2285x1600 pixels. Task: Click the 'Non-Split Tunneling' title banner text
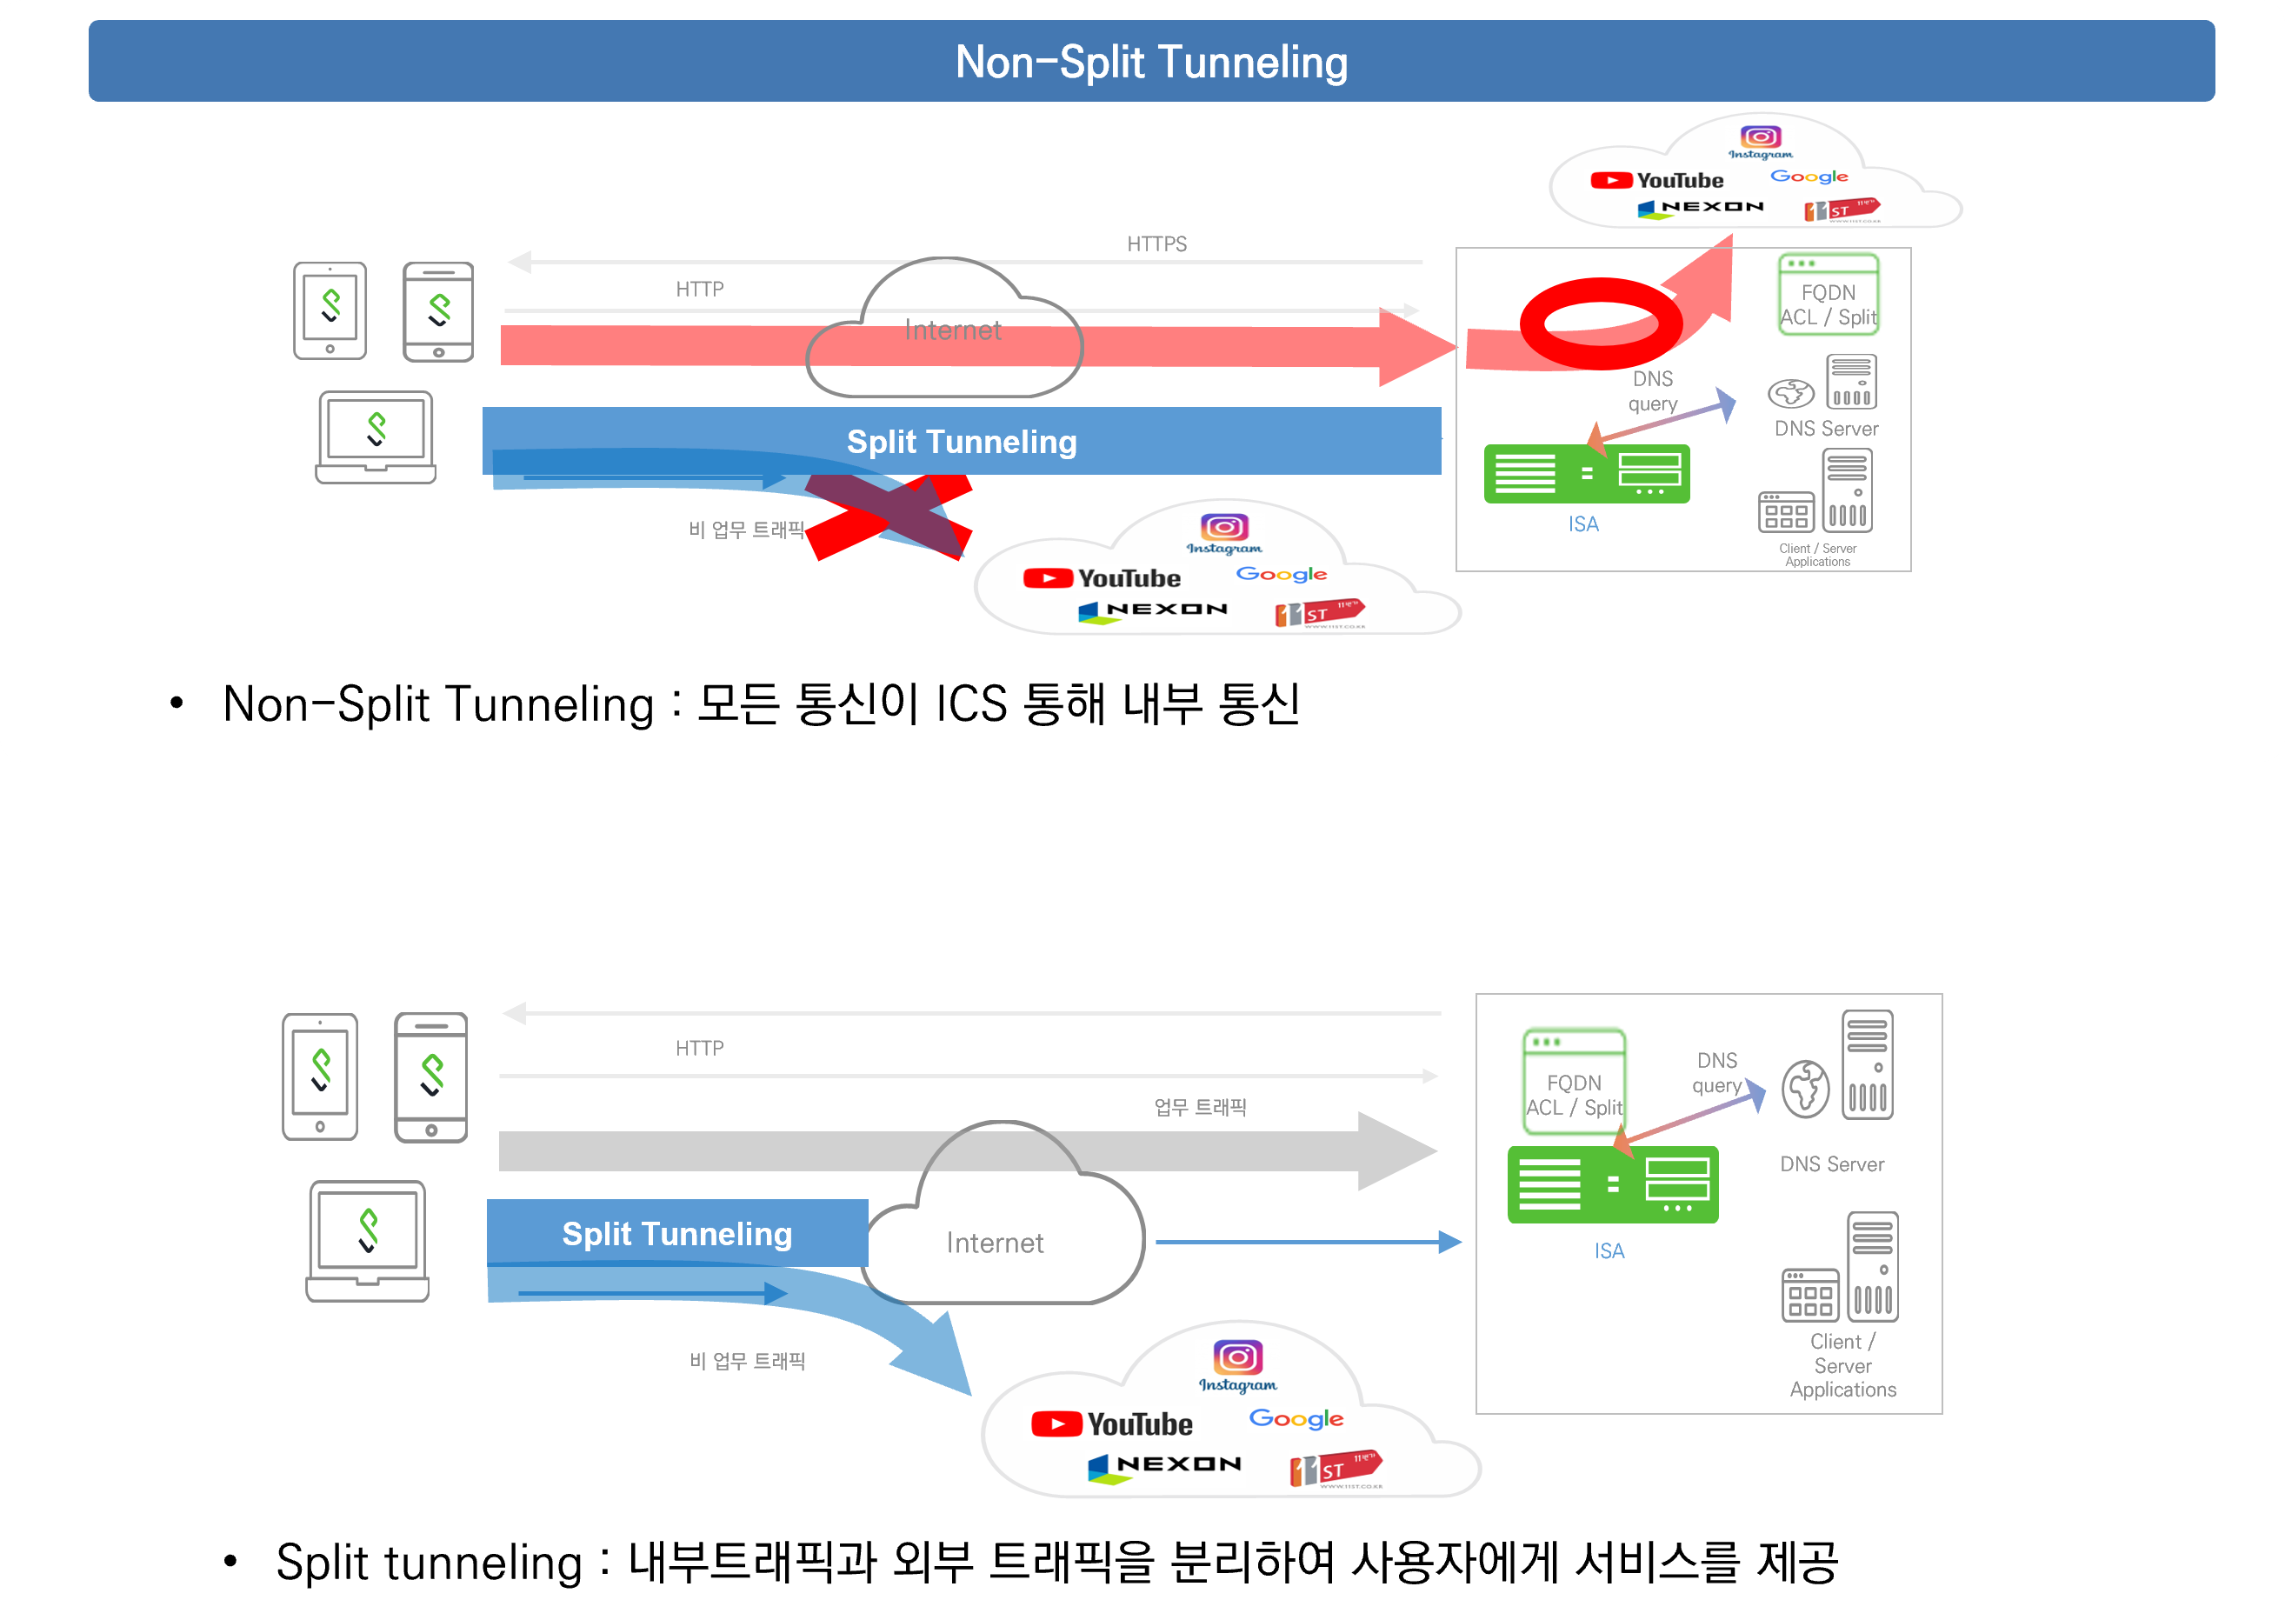tap(1151, 62)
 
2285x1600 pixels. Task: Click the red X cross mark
tap(888, 517)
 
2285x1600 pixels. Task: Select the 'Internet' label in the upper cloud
tap(952, 330)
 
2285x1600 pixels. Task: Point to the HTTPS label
tap(1156, 243)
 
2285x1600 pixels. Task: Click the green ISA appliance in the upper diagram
tap(1586, 474)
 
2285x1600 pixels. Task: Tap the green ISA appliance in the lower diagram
tap(1612, 1185)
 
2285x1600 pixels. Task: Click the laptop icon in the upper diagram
tap(376, 437)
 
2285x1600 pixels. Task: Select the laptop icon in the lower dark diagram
tap(367, 1240)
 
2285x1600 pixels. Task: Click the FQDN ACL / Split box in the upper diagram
tap(1829, 295)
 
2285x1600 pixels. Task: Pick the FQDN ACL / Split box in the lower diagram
tap(1574, 1083)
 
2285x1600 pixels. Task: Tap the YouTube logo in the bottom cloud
tap(1112, 1423)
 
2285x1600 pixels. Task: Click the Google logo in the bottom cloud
tap(1296, 1418)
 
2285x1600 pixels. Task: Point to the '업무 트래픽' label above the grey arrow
tap(1199, 1106)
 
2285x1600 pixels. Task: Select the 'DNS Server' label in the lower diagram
tap(1831, 1164)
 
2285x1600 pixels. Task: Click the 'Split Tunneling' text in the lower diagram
tap(676, 1234)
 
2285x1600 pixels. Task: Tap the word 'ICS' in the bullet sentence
tap(971, 704)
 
